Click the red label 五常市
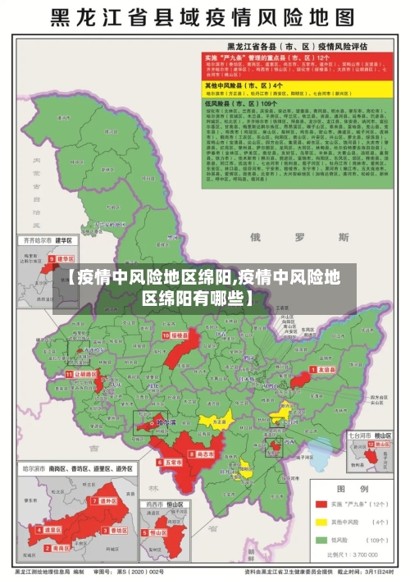[x=171, y=462]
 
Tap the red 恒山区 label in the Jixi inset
[x=162, y=531]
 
